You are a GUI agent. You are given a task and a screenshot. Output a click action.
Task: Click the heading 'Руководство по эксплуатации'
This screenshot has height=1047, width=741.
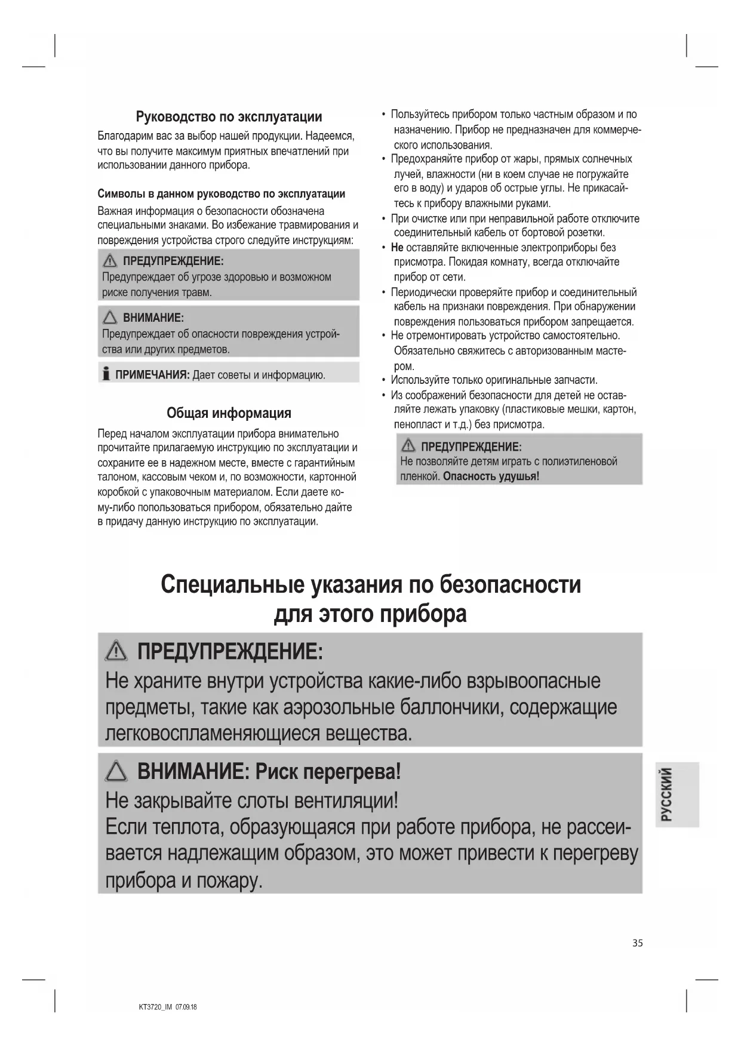[x=229, y=116]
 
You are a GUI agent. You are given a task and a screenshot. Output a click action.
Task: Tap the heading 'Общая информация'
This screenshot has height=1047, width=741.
[x=229, y=413]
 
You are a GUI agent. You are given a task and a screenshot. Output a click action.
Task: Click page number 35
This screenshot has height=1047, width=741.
[x=638, y=943]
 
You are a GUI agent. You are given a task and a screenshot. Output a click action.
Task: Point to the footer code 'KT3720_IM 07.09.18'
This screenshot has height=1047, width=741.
[x=168, y=1007]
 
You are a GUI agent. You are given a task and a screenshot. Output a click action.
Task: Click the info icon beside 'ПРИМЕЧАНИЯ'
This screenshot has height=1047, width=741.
[x=106, y=374]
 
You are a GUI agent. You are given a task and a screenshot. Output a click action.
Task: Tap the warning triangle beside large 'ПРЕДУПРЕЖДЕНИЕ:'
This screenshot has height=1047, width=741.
[x=116, y=651]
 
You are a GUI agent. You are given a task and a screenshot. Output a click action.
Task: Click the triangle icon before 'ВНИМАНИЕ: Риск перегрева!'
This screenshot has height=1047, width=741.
[x=116, y=772]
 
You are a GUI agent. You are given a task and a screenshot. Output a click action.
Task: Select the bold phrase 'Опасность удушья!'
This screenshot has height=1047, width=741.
[x=491, y=476]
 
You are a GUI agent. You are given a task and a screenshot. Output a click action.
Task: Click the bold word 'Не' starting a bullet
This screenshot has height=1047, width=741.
[x=397, y=248]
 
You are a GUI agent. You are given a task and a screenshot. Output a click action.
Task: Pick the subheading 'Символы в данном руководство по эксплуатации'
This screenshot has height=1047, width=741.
[x=221, y=194]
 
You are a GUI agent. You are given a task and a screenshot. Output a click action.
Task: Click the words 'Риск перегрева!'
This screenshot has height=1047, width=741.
[x=328, y=772]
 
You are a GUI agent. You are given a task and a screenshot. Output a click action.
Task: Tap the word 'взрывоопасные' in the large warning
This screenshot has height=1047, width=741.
[x=533, y=681]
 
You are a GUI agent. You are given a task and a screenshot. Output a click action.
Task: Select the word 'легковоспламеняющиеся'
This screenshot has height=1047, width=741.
[x=213, y=733]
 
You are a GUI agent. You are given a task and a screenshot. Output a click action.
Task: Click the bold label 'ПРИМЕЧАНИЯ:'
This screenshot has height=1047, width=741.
[x=152, y=375]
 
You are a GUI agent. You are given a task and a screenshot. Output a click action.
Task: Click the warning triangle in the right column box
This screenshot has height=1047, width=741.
[x=409, y=446]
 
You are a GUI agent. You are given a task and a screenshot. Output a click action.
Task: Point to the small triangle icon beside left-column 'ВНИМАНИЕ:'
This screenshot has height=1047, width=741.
[x=110, y=318]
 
